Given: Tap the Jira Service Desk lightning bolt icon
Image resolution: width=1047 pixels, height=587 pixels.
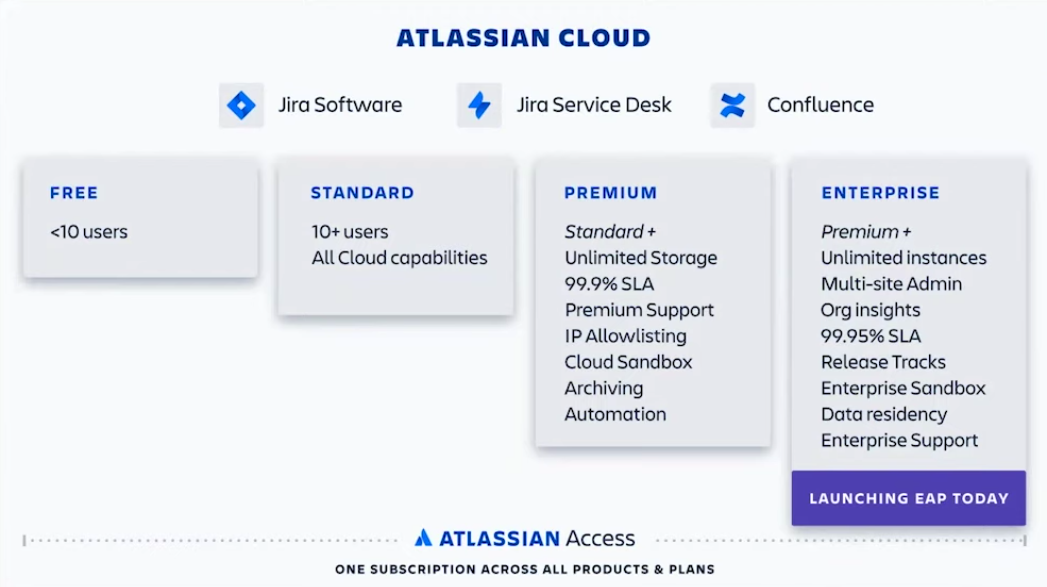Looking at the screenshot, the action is tap(479, 105).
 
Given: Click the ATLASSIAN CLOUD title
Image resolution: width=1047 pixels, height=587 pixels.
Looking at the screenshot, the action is tap(523, 38).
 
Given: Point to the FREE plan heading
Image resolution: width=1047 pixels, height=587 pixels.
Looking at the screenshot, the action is tap(74, 193).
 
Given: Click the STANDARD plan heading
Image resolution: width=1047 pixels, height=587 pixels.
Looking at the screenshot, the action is tap(362, 193).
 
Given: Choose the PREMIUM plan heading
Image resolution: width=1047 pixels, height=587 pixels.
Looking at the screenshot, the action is tap(611, 193).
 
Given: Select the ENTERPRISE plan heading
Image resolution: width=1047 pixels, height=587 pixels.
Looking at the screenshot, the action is tap(880, 193).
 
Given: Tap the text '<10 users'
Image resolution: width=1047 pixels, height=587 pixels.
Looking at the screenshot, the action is tap(89, 232).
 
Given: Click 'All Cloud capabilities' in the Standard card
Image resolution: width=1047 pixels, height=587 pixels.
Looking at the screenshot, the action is tap(399, 258).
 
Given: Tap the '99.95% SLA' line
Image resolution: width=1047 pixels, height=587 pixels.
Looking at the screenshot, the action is tap(871, 336).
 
